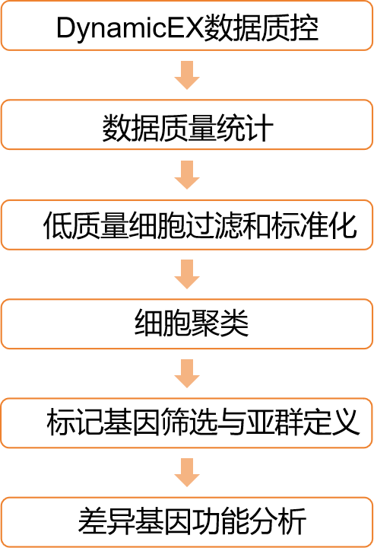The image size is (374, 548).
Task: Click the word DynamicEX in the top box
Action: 129,28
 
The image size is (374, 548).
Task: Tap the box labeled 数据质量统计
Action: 187,125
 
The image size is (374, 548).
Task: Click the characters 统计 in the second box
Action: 245,129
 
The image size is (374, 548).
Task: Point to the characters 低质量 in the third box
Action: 86,225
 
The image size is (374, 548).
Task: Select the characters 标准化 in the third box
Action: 314,225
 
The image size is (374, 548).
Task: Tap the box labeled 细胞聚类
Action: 187,324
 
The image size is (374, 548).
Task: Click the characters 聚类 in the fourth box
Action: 220,323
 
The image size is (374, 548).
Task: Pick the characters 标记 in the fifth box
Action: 75,422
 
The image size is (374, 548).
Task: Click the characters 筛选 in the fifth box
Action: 189,422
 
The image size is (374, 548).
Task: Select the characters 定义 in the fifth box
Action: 331,422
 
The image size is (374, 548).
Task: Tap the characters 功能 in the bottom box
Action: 220,522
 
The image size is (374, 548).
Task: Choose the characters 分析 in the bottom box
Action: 277,522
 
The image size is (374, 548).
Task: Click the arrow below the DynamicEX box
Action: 187,75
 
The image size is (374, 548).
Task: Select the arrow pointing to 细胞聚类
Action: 187,274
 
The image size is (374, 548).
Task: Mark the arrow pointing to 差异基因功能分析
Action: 187,473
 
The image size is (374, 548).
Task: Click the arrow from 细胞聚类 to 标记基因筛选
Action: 187,374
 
